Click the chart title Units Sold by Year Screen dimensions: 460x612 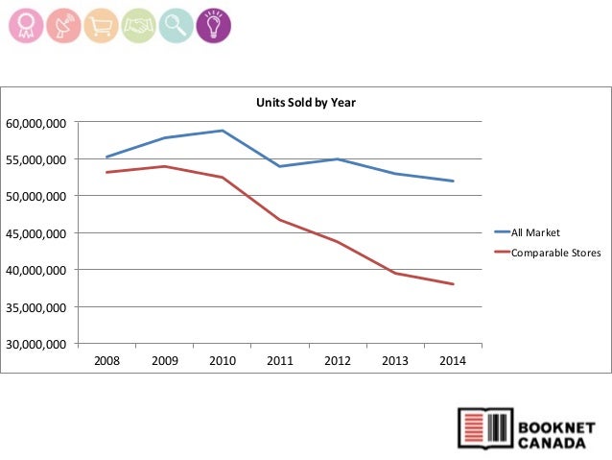(x=305, y=102)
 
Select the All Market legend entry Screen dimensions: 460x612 (x=535, y=232)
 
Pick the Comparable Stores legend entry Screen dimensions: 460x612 (x=555, y=254)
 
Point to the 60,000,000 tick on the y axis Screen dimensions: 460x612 (x=36, y=123)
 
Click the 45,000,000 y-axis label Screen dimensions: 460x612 (x=36, y=233)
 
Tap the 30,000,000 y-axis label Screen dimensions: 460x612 (x=36, y=344)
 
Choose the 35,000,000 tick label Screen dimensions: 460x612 (x=36, y=307)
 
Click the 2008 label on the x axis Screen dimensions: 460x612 (x=106, y=361)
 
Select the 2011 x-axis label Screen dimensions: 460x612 (x=279, y=361)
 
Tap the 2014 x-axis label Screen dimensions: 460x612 (x=452, y=361)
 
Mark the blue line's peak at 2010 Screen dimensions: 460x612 (x=222, y=131)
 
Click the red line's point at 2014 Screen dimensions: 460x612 (x=453, y=284)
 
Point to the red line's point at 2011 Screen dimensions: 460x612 (x=279, y=220)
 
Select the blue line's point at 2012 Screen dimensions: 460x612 (x=338, y=159)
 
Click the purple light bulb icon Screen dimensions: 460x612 (x=213, y=24)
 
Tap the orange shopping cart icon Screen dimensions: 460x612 (x=99, y=24)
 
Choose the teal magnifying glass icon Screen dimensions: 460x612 (x=175, y=24)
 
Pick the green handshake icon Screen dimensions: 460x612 (x=137, y=24)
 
